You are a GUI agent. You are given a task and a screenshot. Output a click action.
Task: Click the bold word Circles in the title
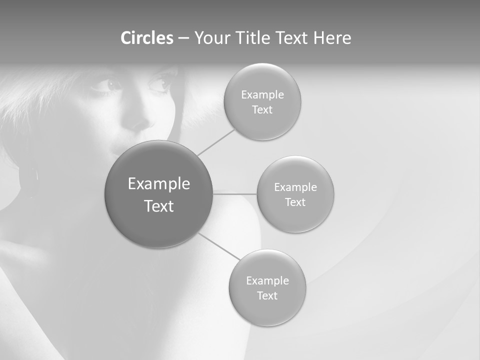(147, 38)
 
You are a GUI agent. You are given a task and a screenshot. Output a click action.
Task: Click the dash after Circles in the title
(183, 38)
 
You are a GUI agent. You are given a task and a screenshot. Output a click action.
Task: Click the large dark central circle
(158, 194)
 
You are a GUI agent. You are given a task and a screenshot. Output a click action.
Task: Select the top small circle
(262, 101)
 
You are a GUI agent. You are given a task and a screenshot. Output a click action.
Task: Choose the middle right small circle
(295, 194)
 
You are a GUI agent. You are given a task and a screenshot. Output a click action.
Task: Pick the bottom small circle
(267, 287)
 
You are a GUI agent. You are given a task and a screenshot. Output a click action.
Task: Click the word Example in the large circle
(158, 184)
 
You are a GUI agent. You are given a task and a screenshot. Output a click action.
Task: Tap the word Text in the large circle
(158, 206)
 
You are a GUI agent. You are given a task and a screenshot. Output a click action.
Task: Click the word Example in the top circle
(262, 94)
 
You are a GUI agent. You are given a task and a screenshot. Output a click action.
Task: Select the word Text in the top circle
(262, 109)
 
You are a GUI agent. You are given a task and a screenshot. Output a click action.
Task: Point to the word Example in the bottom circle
(267, 280)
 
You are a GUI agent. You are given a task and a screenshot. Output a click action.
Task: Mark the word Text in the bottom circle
(267, 295)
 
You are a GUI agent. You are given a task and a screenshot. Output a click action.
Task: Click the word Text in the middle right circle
(295, 202)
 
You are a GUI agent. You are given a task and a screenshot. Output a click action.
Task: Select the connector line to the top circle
(216, 142)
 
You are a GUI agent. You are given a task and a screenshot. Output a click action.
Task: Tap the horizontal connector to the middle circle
(235, 193)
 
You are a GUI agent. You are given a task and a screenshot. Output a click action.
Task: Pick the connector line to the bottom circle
(219, 246)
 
